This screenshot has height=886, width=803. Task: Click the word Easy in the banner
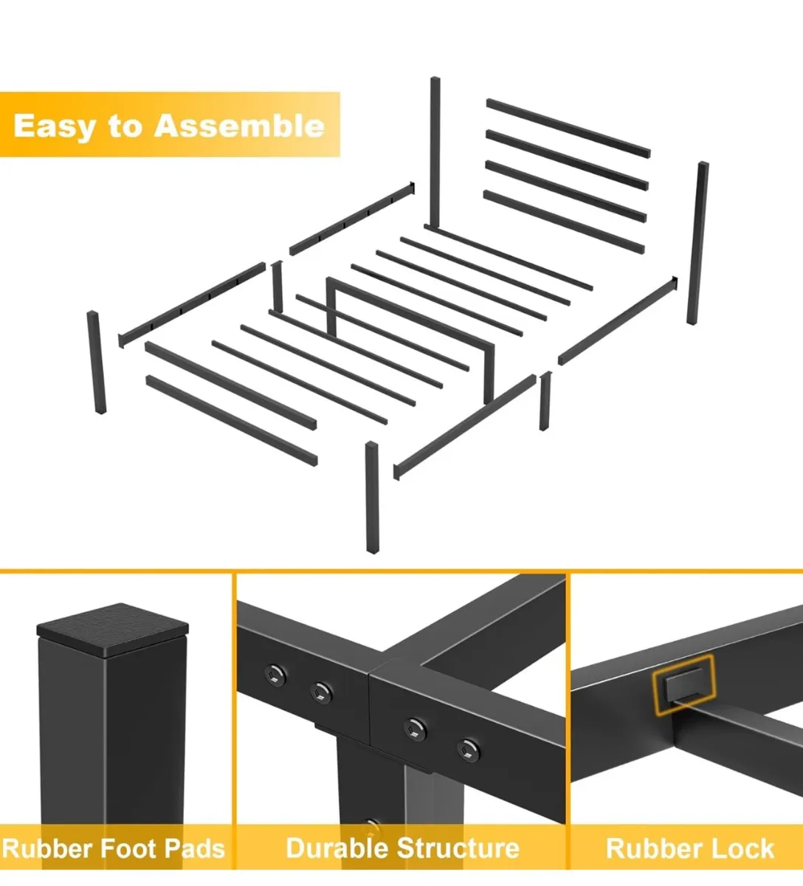tap(55, 127)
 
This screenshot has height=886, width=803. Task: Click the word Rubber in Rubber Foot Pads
tap(46, 848)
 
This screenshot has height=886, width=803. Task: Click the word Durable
tap(337, 848)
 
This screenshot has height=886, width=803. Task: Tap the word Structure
tap(458, 848)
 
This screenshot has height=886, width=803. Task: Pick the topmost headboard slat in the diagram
tap(568, 128)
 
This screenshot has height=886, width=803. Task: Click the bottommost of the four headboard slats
tap(564, 221)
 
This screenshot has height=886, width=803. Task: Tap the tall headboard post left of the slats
tap(435, 153)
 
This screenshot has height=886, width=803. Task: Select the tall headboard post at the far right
tap(697, 243)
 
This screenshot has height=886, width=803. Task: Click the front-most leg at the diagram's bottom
tap(373, 497)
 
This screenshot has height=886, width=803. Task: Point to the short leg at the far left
tap(96, 363)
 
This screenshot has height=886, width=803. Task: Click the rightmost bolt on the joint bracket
tap(468, 749)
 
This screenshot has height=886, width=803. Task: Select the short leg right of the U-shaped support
tap(545, 401)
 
